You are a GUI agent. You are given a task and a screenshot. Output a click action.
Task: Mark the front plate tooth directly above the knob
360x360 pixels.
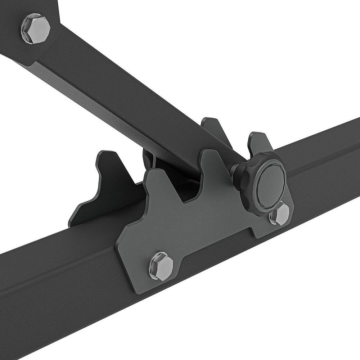pyautogui.click(x=257, y=144)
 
